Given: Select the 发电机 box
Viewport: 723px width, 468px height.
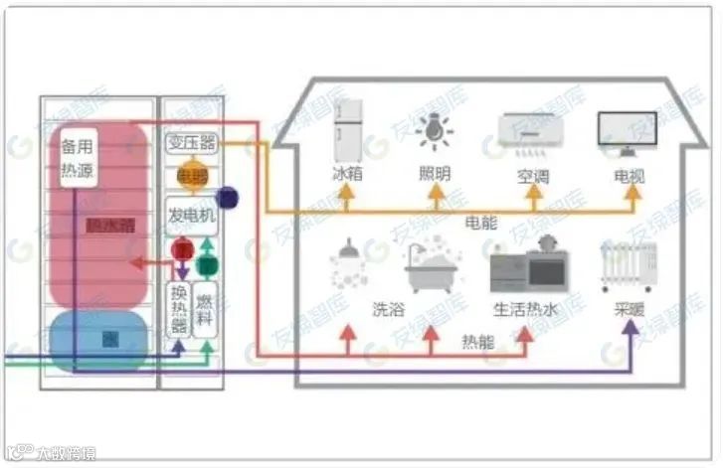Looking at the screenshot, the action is (x=191, y=215).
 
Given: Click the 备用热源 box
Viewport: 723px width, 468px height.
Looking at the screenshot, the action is (x=76, y=158).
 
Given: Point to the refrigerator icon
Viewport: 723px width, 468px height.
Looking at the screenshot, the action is (x=346, y=135).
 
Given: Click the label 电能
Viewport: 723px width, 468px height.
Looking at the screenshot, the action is (x=481, y=225).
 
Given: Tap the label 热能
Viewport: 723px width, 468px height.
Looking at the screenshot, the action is (x=478, y=342).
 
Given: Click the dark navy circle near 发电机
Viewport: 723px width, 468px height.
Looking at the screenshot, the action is (x=227, y=197).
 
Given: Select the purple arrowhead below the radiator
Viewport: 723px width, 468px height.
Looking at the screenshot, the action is (x=629, y=328).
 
